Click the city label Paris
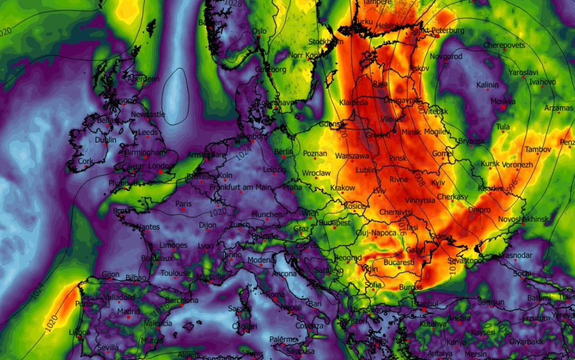183,204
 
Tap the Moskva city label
503,101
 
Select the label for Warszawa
352,156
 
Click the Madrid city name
128,311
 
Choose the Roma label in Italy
276,295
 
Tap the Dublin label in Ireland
105,139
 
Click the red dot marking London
160,172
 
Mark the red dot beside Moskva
503,107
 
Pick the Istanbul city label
425,303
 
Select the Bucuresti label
399,263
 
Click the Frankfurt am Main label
240,187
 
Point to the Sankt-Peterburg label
437,31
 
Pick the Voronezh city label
517,165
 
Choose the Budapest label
335,222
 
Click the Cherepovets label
504,45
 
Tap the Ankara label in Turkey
459,318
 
